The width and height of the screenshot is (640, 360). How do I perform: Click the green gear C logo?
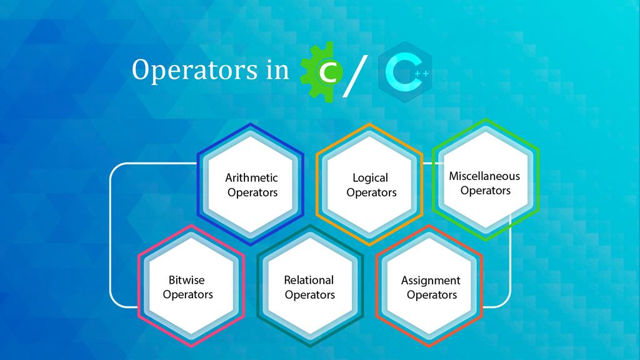(322, 71)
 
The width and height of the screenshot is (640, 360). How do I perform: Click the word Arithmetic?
(252, 178)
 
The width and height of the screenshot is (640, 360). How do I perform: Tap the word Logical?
(371, 178)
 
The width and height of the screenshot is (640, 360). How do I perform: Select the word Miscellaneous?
(484, 176)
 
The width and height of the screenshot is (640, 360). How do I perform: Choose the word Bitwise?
(186, 280)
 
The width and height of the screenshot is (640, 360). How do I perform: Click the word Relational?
(309, 280)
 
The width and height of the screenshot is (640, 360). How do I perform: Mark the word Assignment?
(431, 281)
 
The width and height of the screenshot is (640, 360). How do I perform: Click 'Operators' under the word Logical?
(371, 192)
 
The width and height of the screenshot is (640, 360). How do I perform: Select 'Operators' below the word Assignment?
(431, 295)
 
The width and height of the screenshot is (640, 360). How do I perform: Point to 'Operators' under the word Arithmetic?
(252, 192)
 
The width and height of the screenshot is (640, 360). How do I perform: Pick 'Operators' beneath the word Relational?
(310, 295)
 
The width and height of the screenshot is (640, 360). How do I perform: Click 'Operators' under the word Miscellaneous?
(486, 191)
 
